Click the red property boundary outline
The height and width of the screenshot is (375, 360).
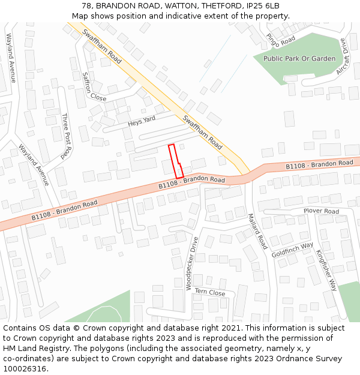tap(176, 161)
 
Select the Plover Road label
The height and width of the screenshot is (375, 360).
tap(321, 211)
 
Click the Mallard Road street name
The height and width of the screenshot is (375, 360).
tap(257, 231)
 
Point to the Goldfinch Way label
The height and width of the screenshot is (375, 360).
tap(292, 250)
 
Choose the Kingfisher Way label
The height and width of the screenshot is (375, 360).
tap(327, 270)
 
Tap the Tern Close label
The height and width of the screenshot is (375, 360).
tap(209, 293)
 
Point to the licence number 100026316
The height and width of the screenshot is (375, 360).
tap(23, 369)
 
